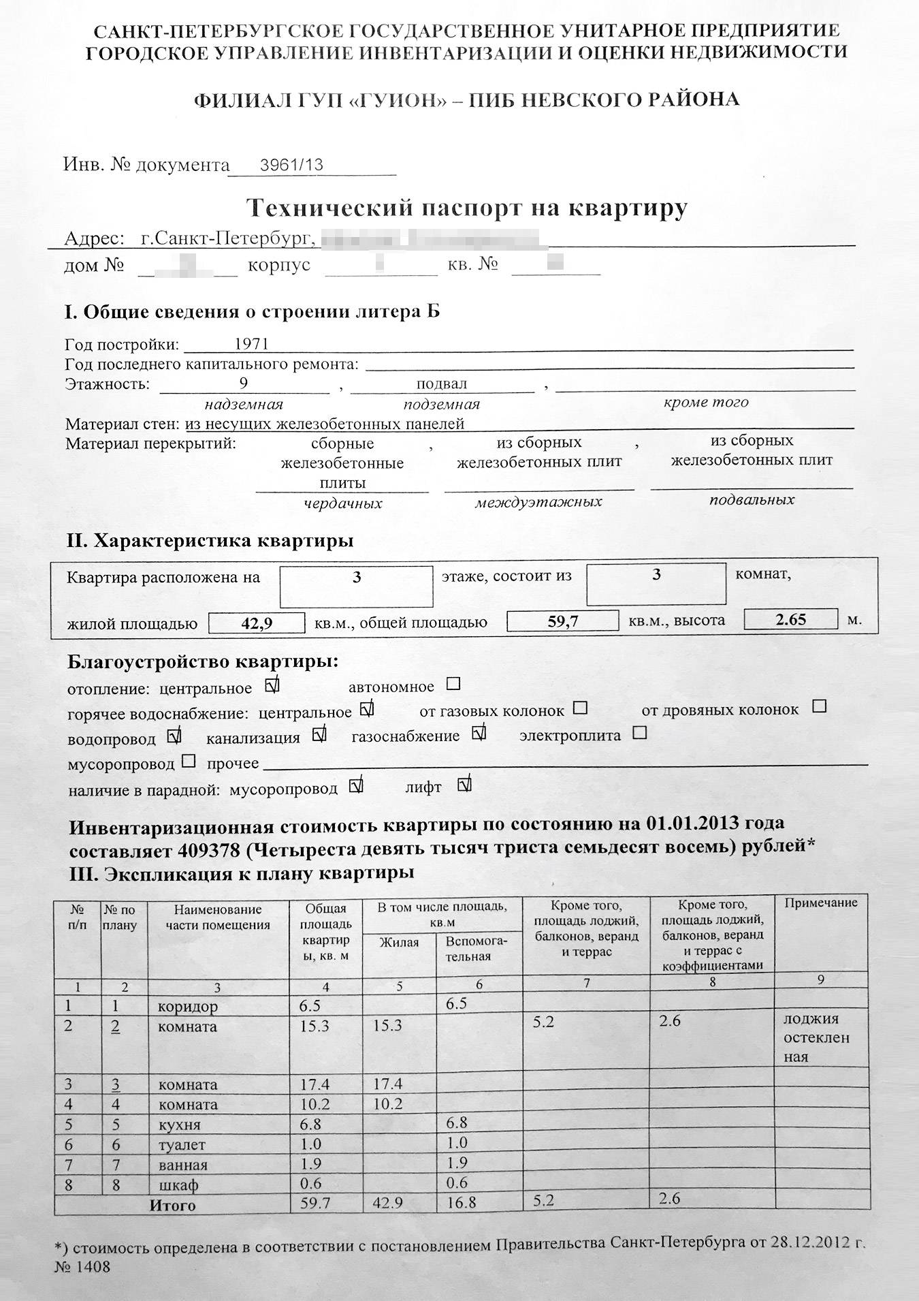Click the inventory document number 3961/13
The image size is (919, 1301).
tap(291, 165)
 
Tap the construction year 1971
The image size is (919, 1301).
tap(251, 345)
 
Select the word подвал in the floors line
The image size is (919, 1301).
tap(441, 384)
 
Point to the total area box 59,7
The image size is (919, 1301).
tap(563, 621)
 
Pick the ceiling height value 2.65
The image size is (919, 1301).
tap(790, 619)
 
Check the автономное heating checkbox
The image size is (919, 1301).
tap(453, 683)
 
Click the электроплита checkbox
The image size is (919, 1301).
tap(639, 734)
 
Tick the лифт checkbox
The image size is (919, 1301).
tap(465, 785)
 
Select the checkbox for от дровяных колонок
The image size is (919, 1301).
tap(820, 706)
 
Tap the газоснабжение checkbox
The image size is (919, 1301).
tap(479, 734)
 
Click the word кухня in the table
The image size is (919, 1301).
tap(179, 1125)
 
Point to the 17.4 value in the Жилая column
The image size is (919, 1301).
tap(388, 1084)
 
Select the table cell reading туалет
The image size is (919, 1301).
tap(181, 1145)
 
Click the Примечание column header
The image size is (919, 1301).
tap(820, 903)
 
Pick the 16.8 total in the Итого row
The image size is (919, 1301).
tap(462, 1203)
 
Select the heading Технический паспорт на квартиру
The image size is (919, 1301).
tap(466, 207)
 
